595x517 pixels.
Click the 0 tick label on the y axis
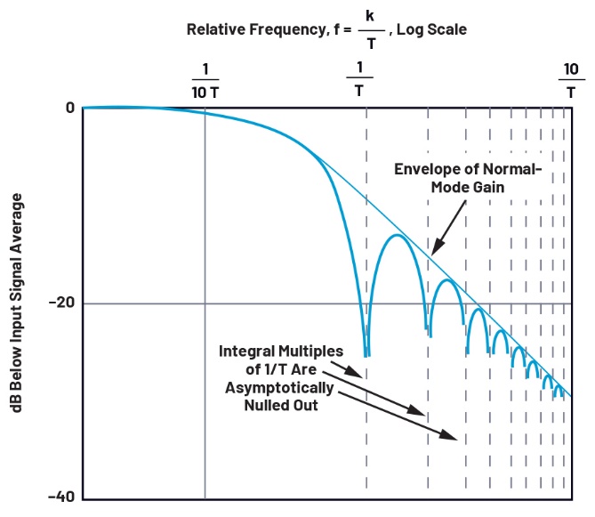click(68, 108)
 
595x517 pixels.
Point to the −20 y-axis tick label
click(60, 303)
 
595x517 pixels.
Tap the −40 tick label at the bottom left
click(60, 497)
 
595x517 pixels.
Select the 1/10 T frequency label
click(205, 82)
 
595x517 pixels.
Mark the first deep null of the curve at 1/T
click(366, 353)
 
